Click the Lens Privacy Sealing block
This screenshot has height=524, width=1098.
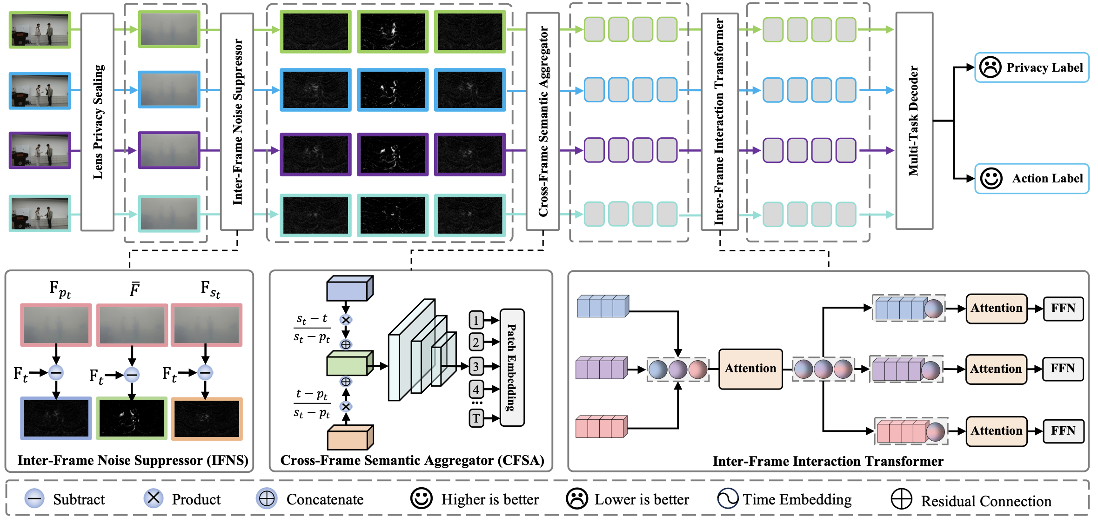point(97,122)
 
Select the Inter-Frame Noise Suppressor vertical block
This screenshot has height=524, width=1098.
point(237,122)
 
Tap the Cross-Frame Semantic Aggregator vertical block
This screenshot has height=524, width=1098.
point(542,122)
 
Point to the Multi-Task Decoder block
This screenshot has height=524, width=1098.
point(914,121)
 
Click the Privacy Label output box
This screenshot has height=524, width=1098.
point(1031,67)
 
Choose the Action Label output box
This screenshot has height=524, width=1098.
point(1031,178)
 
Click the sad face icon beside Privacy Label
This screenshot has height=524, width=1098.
point(990,67)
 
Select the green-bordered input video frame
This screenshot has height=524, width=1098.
point(40,30)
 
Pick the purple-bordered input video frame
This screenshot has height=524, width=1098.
point(40,150)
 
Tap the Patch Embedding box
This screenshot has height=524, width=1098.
point(512,368)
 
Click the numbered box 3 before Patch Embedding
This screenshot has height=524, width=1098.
point(476,366)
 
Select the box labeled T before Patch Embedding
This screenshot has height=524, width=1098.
point(476,418)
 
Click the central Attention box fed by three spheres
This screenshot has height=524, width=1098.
point(750,369)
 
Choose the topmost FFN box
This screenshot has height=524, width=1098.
point(1063,309)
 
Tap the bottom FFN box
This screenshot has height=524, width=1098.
point(1063,431)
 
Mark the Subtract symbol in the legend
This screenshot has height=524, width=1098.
point(34,498)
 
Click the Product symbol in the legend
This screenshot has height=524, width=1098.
point(154,498)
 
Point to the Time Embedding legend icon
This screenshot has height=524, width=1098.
point(728,498)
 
